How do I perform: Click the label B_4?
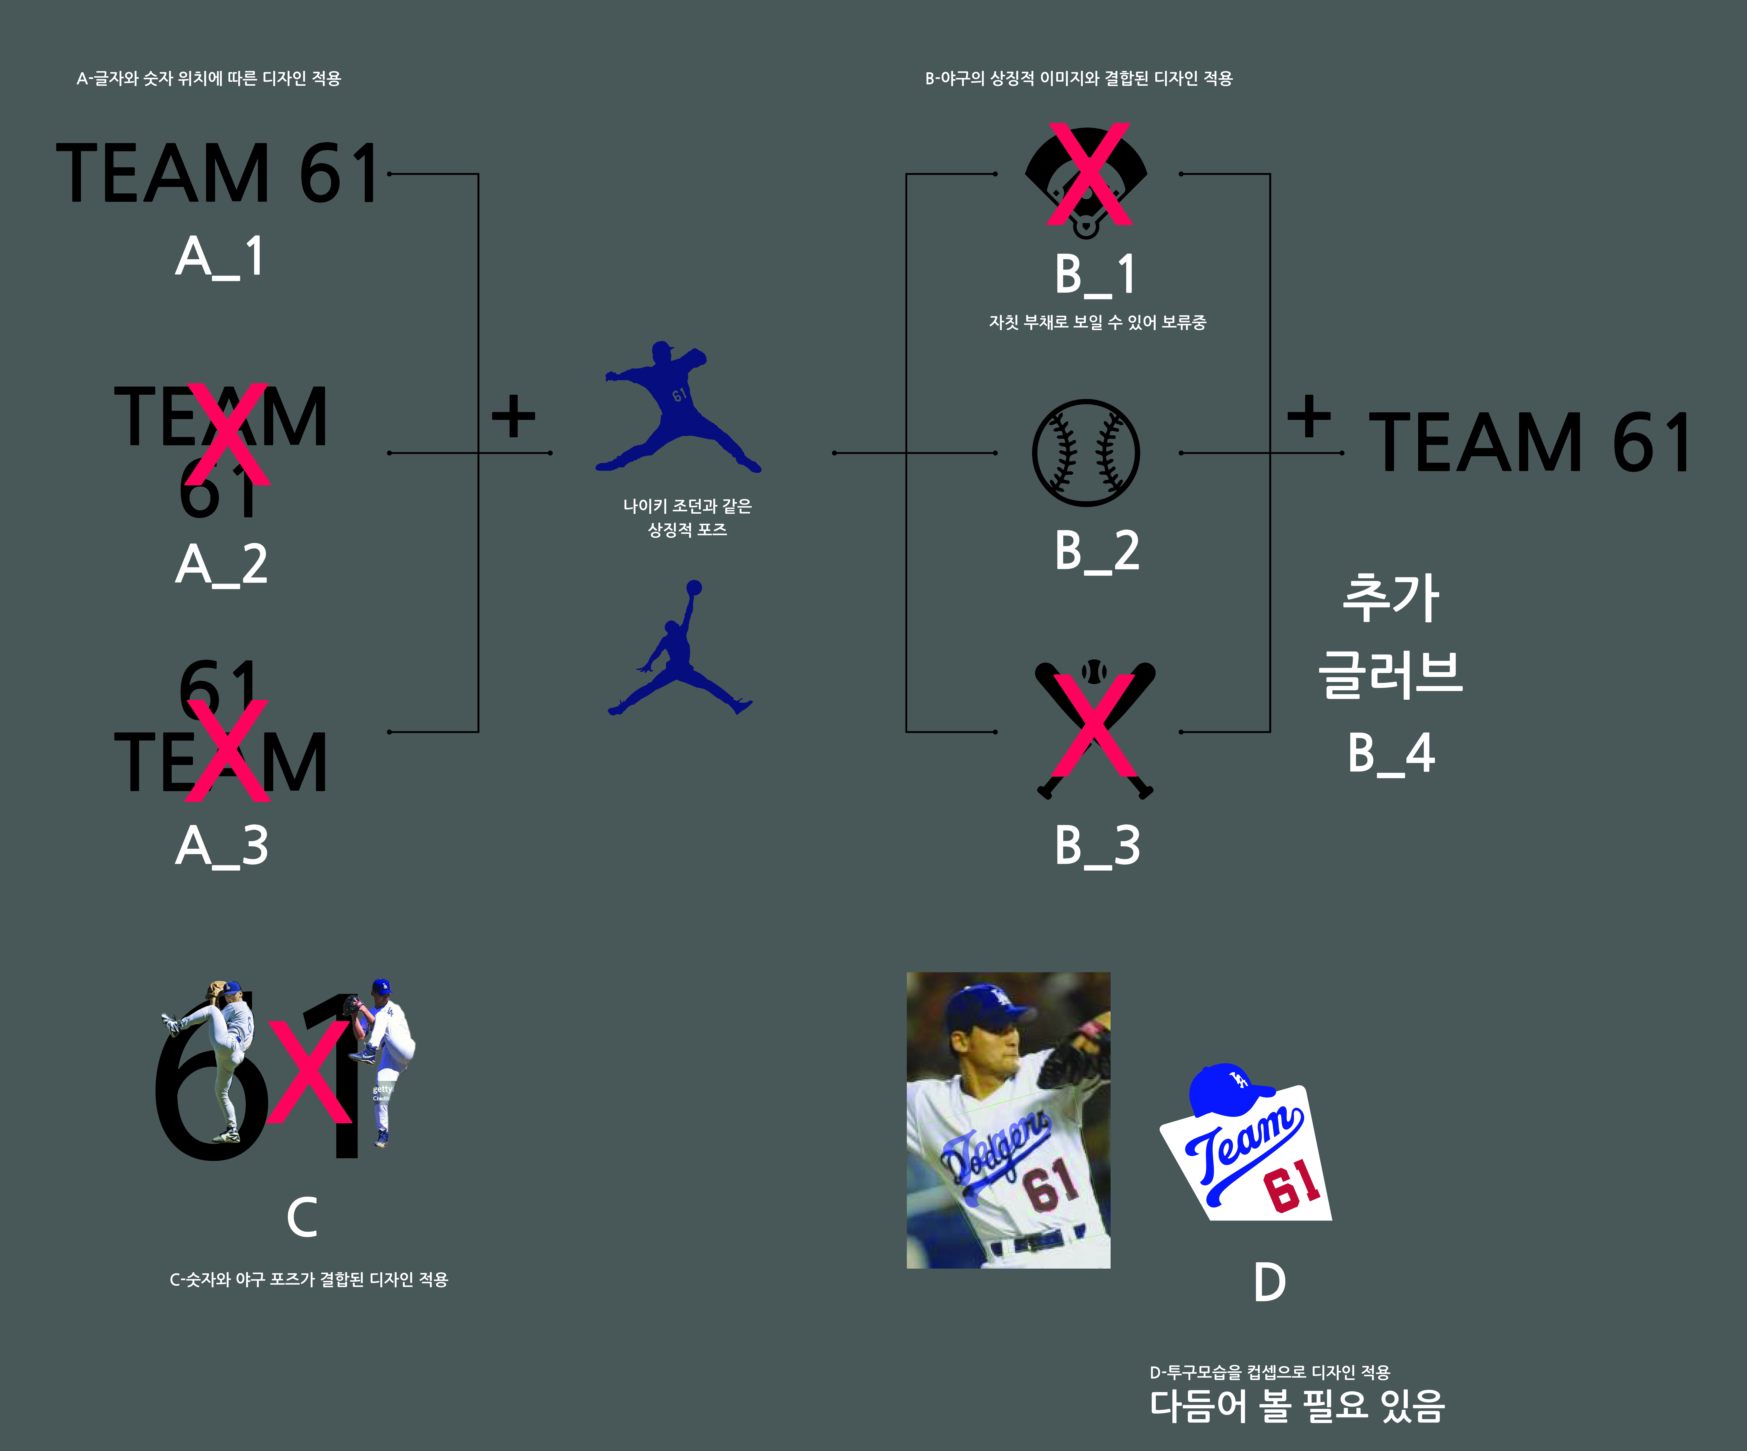pyautogui.click(x=1391, y=753)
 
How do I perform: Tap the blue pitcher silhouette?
pyautogui.click(x=675, y=408)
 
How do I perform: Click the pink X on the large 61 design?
pyautogui.click(x=309, y=1072)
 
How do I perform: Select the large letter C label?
pyautogui.click(x=302, y=1217)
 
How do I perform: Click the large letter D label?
pyautogui.click(x=1270, y=1282)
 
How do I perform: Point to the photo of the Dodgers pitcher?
pyautogui.click(x=1007, y=1120)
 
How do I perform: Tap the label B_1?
pyautogui.click(x=1095, y=275)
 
